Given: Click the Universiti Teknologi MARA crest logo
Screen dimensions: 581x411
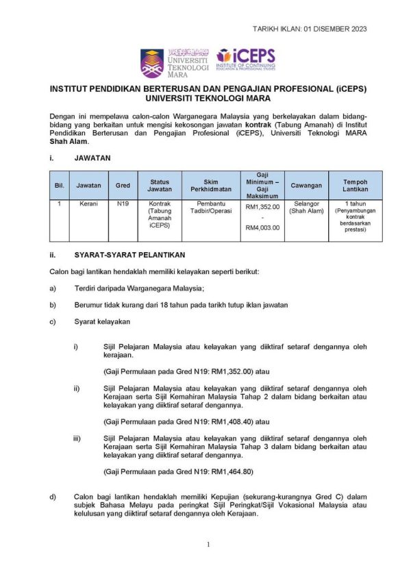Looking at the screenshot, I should click(x=152, y=62).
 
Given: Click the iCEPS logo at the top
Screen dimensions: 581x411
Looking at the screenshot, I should click(x=246, y=60).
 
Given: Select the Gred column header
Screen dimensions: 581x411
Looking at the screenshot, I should click(x=123, y=185).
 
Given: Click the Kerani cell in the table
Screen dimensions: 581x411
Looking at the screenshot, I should click(x=88, y=204).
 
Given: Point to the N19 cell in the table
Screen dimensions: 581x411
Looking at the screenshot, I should click(x=123, y=204).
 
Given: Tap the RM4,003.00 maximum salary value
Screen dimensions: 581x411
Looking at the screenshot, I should click(x=262, y=227).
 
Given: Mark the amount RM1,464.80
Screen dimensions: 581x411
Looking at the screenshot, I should click(x=233, y=471).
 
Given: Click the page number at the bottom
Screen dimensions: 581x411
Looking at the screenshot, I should click(x=208, y=545).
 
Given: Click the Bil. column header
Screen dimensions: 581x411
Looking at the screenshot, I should click(x=59, y=185).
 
